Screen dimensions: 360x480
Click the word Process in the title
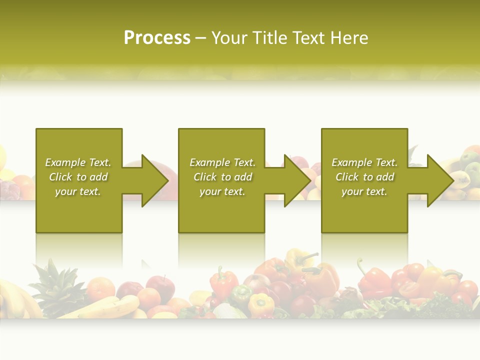(x=157, y=38)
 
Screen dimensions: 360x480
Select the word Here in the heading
(x=349, y=38)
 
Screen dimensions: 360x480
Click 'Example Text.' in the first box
(x=78, y=162)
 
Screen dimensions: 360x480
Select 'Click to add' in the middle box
(x=222, y=177)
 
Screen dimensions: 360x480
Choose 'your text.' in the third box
(x=364, y=191)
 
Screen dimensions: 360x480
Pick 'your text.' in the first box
(x=78, y=191)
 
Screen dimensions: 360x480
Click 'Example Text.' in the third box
(x=364, y=162)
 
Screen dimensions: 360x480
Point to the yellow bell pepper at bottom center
(x=261, y=303)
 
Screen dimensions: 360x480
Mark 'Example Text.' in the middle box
(x=222, y=162)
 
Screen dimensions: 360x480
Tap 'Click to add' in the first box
(x=78, y=177)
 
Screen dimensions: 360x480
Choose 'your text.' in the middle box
(x=222, y=191)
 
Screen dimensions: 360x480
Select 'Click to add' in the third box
(x=364, y=177)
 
